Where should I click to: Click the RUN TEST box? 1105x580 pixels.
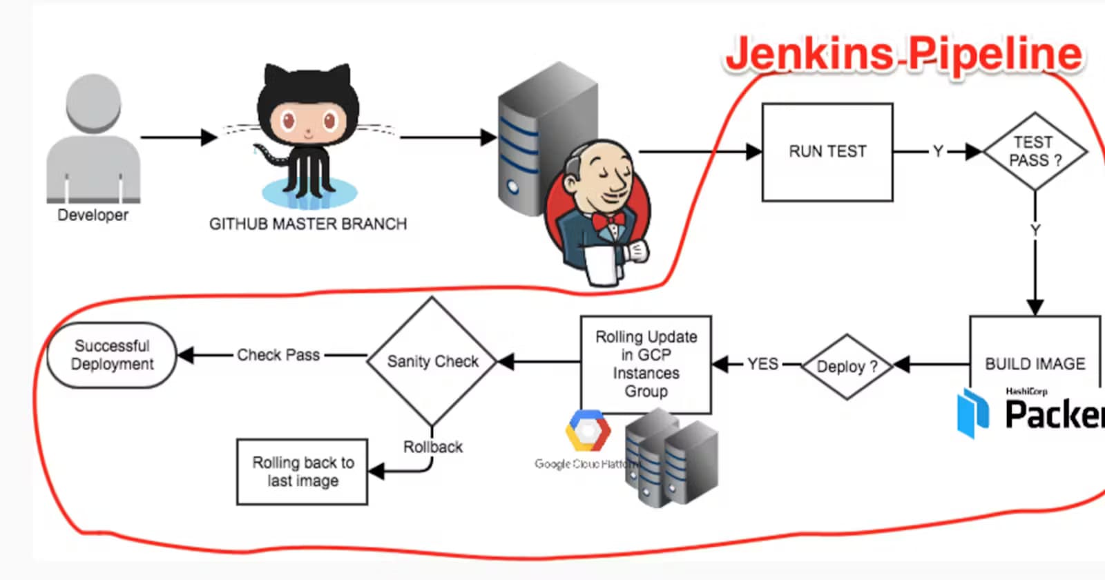pos(827,152)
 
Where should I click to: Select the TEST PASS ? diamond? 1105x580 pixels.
pos(1034,152)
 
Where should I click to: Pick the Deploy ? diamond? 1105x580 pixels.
pos(847,367)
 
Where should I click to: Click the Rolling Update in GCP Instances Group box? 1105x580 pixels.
pos(646,364)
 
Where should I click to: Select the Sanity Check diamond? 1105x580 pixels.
pos(432,361)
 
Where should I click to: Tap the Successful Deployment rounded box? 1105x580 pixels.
pos(112,355)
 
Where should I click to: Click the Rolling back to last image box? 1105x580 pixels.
pos(302,472)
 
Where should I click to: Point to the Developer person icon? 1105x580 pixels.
pos(93,138)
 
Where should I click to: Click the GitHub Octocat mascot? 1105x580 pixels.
pos(308,135)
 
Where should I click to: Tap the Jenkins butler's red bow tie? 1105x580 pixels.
pos(608,221)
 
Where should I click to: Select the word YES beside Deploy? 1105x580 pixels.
pos(762,364)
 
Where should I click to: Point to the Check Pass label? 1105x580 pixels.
pos(278,355)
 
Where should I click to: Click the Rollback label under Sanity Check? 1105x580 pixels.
pos(433,447)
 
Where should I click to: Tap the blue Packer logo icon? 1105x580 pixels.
pos(973,412)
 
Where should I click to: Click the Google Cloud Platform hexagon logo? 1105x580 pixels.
pos(588,431)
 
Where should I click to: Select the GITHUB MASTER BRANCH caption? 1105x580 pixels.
pos(308,224)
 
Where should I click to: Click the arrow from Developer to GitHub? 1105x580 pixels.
pos(179,137)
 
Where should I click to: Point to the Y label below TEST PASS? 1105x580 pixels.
pos(1035,230)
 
